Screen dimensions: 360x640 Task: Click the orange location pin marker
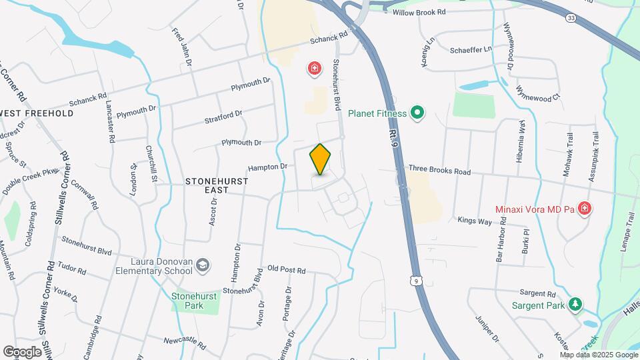coord(321,159)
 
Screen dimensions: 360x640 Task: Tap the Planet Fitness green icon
coord(417,113)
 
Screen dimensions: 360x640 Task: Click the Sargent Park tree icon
coord(575,305)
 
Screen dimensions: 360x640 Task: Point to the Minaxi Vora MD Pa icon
coord(585,209)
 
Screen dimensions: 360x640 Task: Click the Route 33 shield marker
coord(569,17)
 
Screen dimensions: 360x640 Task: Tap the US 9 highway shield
coord(417,282)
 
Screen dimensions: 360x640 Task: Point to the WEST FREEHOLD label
coord(37,113)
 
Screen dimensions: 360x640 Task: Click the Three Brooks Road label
coord(439,171)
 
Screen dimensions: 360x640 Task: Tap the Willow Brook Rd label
coord(419,13)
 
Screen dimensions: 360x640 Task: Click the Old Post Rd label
coord(286,271)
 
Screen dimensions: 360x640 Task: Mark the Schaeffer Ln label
coord(470,49)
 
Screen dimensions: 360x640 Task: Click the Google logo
coord(22,351)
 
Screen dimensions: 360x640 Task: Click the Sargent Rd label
coord(537,293)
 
